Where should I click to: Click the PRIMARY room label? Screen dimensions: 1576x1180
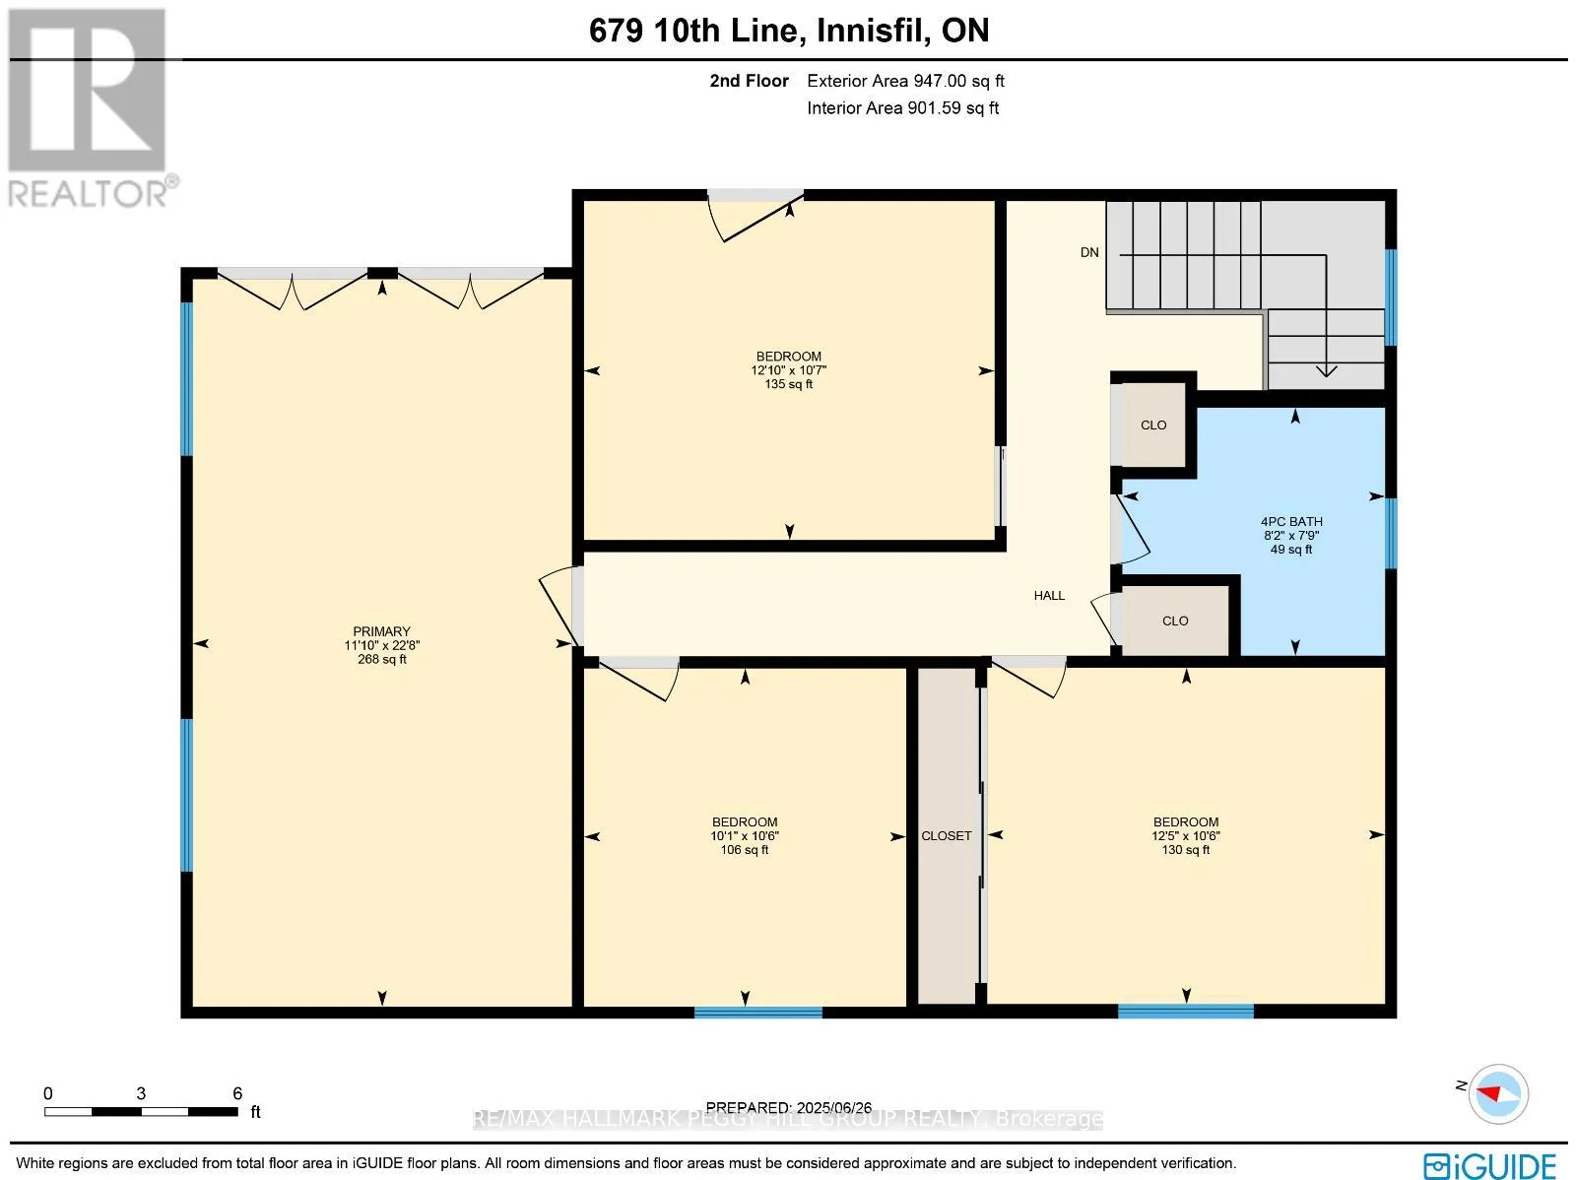tap(381, 631)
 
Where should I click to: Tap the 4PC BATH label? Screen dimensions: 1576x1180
tap(1291, 522)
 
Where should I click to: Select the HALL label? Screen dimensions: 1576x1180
tap(1049, 595)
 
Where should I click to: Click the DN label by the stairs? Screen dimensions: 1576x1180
tap(1089, 252)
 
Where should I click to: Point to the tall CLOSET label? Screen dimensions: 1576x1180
tap(947, 835)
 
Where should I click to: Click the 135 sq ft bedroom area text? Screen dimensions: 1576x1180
tap(788, 384)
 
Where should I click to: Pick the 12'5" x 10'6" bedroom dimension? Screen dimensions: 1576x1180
tap(1185, 835)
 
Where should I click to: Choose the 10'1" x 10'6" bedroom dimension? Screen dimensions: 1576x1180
tap(745, 835)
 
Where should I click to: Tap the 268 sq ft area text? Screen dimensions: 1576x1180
tap(382, 659)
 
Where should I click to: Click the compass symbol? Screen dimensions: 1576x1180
tap(1498, 1094)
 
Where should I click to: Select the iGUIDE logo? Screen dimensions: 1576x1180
tap(1490, 1165)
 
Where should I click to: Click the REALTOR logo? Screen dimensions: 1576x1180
tap(93, 107)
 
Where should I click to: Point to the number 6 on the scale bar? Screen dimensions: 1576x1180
tap(237, 1093)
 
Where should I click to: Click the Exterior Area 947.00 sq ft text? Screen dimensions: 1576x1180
tap(905, 81)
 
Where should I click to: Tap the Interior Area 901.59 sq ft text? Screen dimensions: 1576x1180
tap(902, 107)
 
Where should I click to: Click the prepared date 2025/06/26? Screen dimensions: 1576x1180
tap(833, 1107)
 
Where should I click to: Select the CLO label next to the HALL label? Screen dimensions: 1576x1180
tap(1175, 621)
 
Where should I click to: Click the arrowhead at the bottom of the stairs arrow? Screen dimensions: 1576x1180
tap(1326, 371)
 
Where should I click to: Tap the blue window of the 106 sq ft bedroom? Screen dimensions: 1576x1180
tap(758, 1012)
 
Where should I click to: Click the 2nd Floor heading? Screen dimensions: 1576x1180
tap(749, 81)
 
